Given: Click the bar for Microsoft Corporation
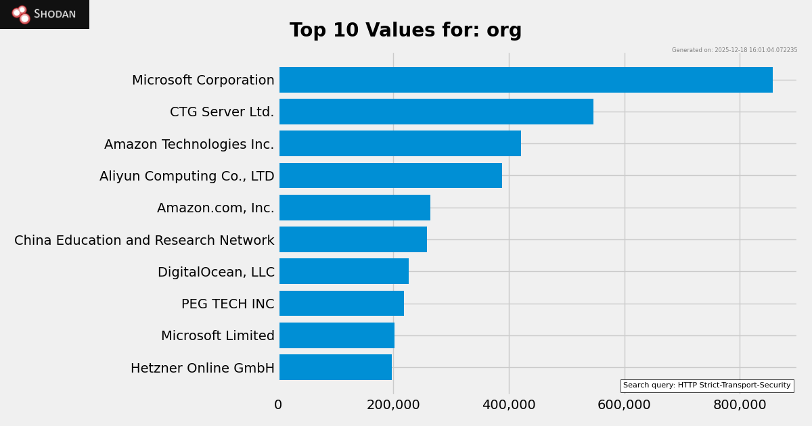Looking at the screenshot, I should coord(526,80).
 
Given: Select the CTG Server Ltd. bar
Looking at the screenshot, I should coord(436,112).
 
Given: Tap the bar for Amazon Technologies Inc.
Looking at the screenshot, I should coord(400,143).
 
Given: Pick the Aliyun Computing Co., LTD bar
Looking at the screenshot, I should coord(390,176).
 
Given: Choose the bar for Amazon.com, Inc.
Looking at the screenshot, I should coord(355,208).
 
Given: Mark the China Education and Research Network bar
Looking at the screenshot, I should coord(353,239).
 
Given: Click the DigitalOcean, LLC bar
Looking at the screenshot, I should coord(344,271).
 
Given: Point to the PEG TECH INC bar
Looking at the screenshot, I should coord(342,304).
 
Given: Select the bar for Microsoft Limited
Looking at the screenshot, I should coord(337,335).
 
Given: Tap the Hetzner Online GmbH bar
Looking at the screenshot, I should coord(336,367).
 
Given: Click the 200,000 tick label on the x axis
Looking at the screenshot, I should coord(393,405).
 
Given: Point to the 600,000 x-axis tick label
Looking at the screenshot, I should coord(624,405).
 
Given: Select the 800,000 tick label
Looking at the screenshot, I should coord(740,405).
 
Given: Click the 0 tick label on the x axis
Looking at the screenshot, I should coord(278,405).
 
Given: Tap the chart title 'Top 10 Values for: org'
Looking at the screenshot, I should coord(406,31).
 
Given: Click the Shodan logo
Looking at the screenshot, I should coord(45,14).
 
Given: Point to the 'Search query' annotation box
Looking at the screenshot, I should coord(706,385).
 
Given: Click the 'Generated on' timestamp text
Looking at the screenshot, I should coord(734,50).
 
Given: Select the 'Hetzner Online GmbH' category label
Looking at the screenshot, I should coord(202,369).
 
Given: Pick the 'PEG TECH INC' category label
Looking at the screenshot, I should coord(227,304).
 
